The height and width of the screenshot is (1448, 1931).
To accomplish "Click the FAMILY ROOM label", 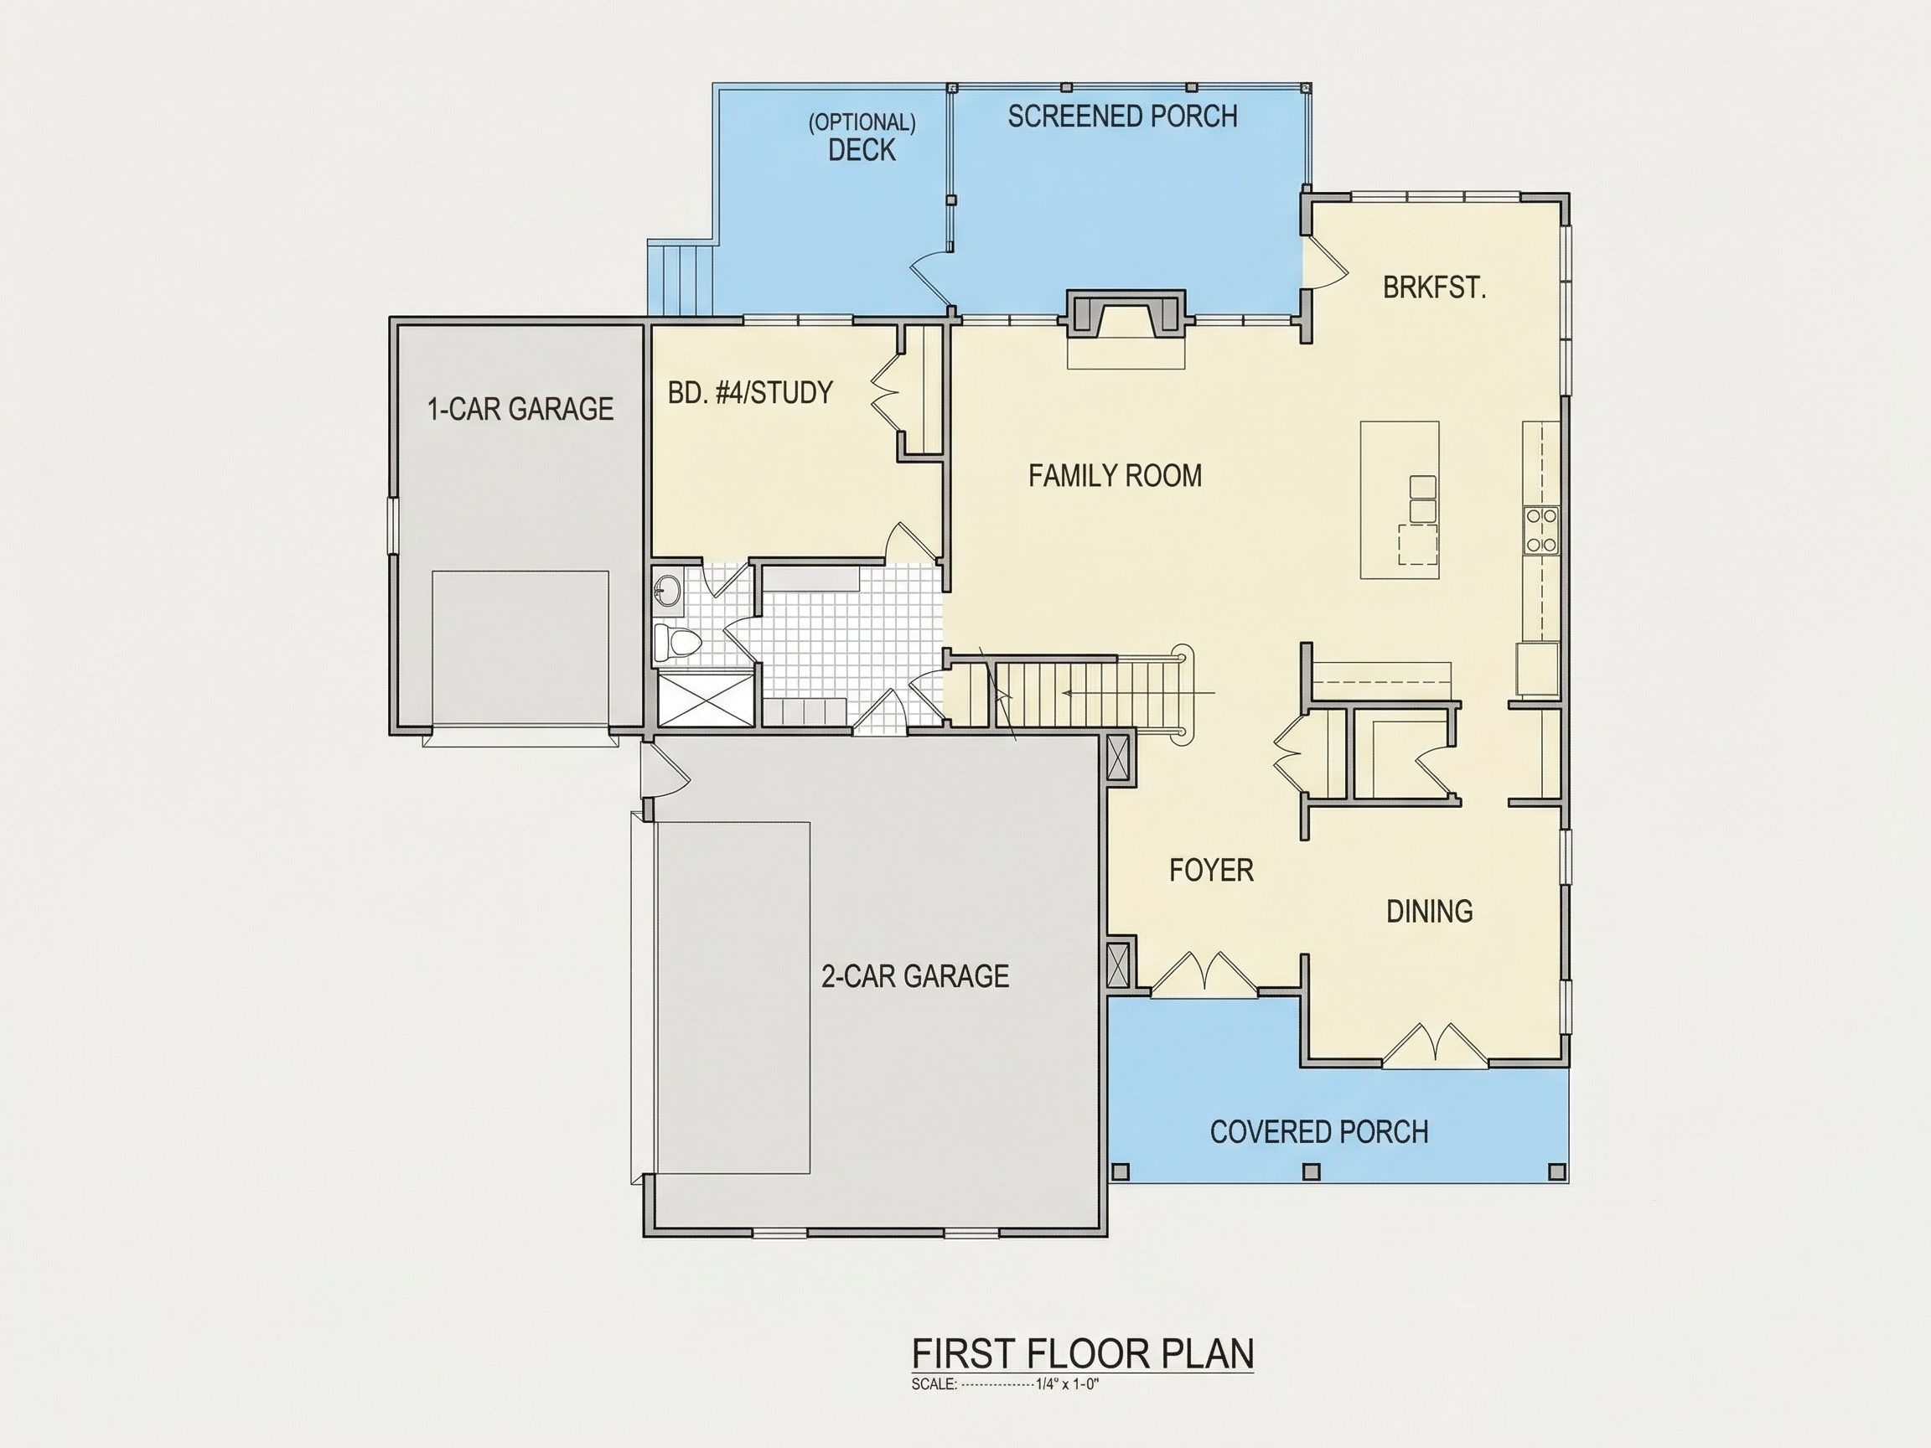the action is [1115, 476].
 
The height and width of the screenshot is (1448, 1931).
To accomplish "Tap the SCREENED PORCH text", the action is [1122, 117].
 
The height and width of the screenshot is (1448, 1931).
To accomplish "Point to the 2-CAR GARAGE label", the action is [915, 975].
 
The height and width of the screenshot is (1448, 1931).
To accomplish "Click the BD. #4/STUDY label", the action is [750, 393].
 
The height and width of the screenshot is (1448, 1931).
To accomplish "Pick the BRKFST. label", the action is [1434, 287].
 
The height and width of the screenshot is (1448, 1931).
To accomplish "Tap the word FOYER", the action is [1212, 870].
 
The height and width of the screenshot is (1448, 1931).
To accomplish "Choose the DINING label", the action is [1430, 911].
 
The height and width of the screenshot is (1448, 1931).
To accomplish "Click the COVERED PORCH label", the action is [1319, 1132].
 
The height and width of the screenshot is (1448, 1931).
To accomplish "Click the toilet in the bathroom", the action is [676, 643].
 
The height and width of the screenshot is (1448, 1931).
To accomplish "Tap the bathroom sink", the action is [668, 588].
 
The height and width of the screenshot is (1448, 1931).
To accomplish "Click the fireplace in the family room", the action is [1126, 315].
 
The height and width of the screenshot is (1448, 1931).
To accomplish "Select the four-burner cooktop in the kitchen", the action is [1540, 530].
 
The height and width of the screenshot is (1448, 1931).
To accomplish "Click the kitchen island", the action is [1400, 500].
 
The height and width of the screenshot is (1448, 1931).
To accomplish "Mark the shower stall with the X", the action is [704, 696].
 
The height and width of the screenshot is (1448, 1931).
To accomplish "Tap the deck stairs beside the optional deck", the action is [681, 277].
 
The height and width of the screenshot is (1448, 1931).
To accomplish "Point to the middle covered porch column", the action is [1310, 1171].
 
